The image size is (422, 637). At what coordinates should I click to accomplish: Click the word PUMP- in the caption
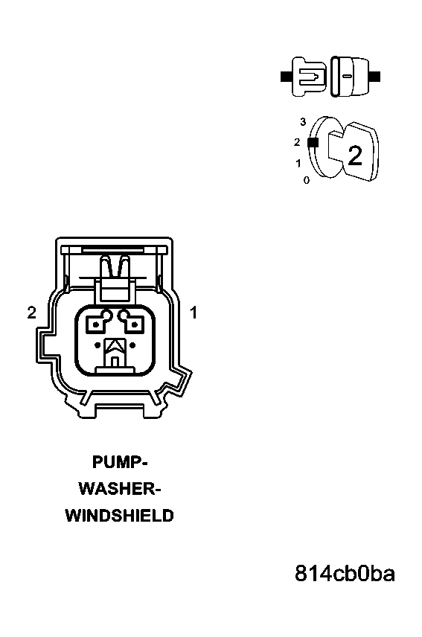[x=120, y=462]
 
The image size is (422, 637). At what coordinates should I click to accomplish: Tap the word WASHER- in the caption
[x=120, y=489]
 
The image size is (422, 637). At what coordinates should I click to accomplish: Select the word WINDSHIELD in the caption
[x=120, y=516]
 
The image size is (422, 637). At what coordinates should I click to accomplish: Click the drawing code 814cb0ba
[x=345, y=574]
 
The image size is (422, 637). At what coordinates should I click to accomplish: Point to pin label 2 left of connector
[x=32, y=313]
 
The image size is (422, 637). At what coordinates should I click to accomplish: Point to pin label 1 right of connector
[x=194, y=313]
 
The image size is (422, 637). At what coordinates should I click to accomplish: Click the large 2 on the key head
[x=355, y=156]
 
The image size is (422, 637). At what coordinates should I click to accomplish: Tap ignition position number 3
[x=303, y=121]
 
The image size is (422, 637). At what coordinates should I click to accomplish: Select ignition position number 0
[x=306, y=180]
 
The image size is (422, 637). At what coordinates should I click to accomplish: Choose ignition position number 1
[x=298, y=163]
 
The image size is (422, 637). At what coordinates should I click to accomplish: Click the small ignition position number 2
[x=297, y=142]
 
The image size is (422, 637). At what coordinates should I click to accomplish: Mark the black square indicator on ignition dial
[x=313, y=143]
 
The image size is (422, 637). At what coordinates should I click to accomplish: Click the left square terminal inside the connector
[x=96, y=324]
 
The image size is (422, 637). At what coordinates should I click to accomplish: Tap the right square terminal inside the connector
[x=133, y=324]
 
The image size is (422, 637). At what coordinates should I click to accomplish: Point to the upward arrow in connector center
[x=115, y=346]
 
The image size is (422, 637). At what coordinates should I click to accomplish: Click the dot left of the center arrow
[x=97, y=346]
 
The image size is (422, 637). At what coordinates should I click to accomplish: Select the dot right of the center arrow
[x=132, y=346]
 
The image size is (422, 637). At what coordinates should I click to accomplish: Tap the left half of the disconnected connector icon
[x=308, y=77]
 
